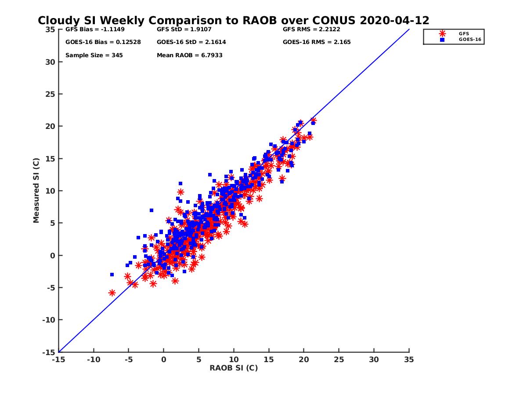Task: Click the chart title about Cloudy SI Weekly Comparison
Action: pyautogui.click(x=233, y=21)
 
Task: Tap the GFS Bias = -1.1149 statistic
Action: pyautogui.click(x=92, y=29)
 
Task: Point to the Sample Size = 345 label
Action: pyautogui.click(x=94, y=55)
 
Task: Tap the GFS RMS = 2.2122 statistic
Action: pyautogui.click(x=311, y=29)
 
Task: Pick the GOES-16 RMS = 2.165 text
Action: pyautogui.click(x=317, y=42)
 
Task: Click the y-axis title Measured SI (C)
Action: pyautogui.click(x=36, y=191)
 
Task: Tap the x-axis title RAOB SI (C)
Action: pyautogui.click(x=234, y=368)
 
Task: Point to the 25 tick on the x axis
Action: pyautogui.click(x=339, y=359)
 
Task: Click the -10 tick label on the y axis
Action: pyautogui.click(x=48, y=320)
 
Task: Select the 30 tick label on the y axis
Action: pyautogui.click(x=50, y=62)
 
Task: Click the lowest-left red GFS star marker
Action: pyautogui.click(x=112, y=293)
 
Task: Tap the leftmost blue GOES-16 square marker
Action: pyautogui.click(x=112, y=275)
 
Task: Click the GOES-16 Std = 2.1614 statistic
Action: pyautogui.click(x=191, y=42)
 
